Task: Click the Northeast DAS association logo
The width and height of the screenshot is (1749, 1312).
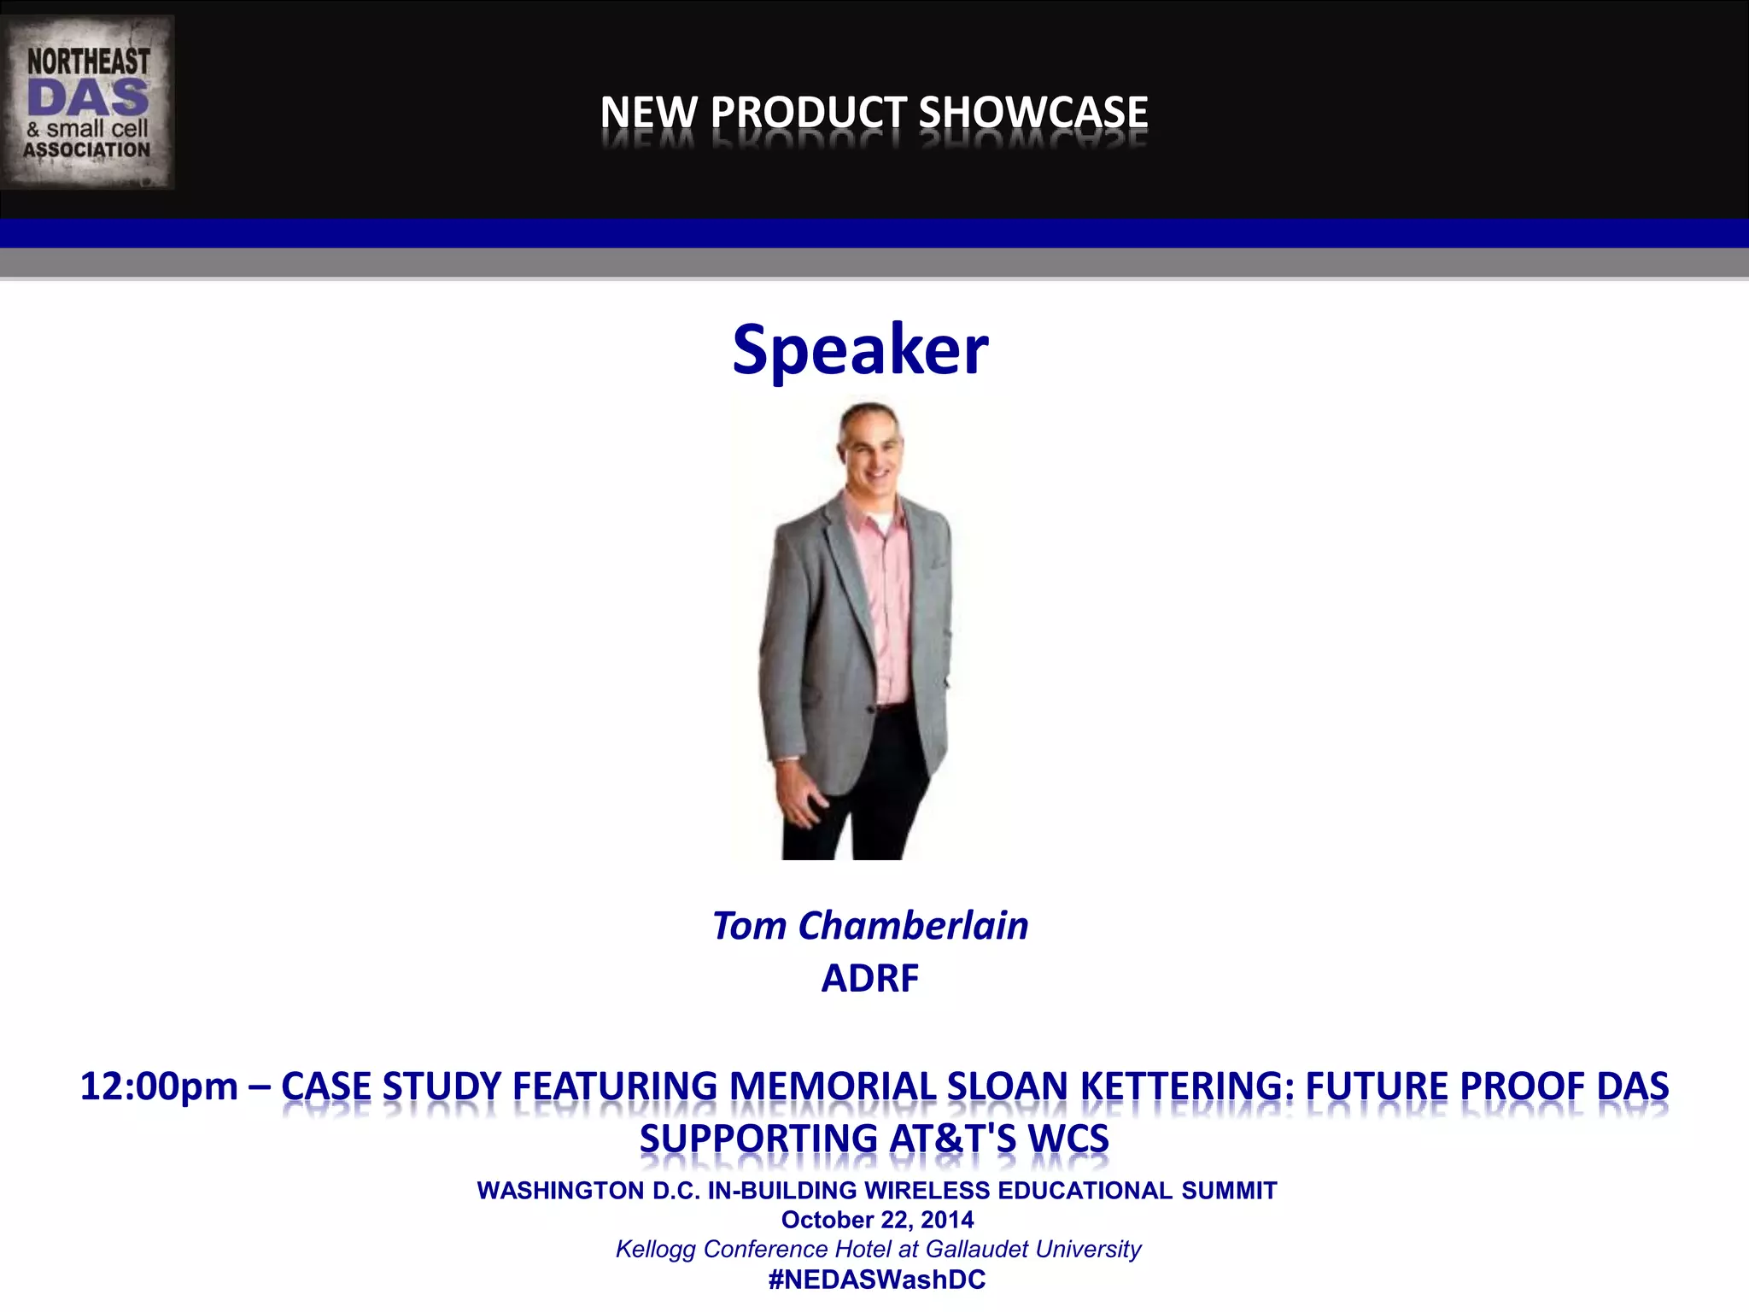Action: (87, 102)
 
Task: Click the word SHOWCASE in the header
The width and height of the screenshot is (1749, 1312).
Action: (1032, 113)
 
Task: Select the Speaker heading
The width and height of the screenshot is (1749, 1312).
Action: (860, 349)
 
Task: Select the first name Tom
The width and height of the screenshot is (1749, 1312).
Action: (749, 926)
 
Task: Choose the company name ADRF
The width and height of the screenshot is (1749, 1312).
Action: (869, 978)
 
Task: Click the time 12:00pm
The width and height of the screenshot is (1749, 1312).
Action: (159, 1086)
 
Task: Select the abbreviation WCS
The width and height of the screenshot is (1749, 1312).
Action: (1068, 1139)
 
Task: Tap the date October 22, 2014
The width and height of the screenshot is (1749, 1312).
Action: (877, 1220)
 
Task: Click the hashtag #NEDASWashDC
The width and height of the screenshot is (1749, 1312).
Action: (877, 1280)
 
